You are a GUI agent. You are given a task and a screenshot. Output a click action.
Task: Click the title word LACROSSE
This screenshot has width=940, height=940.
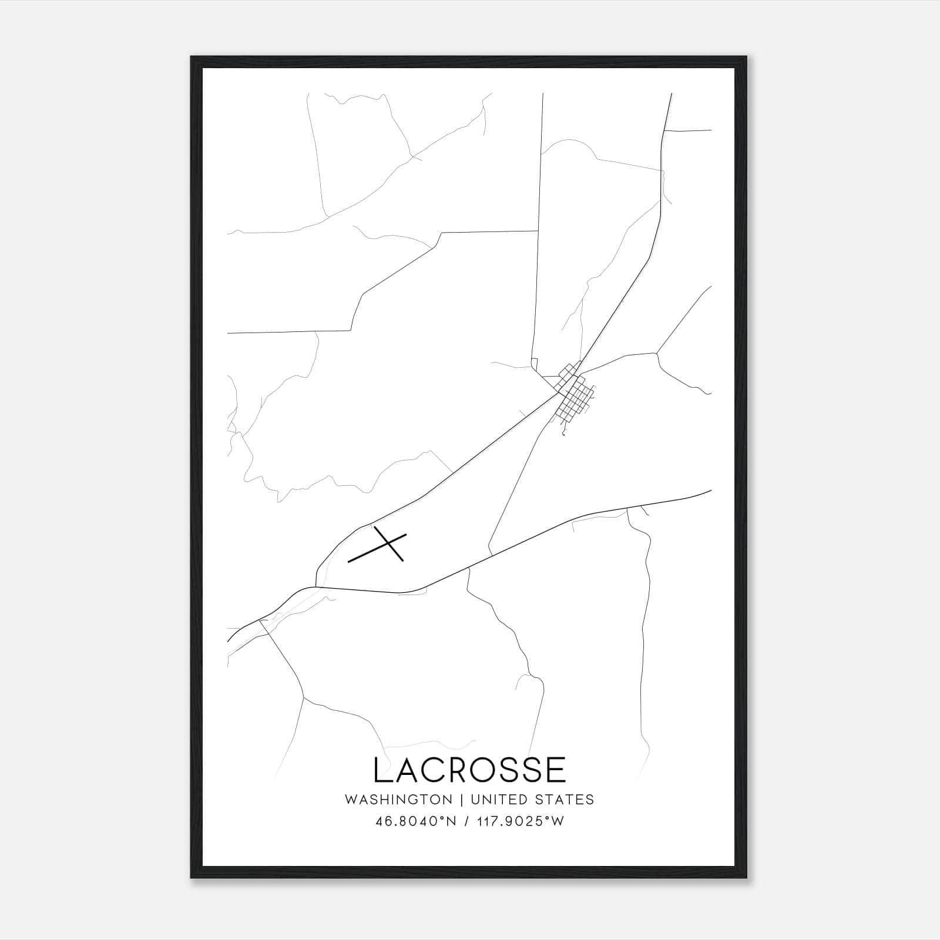[469, 770]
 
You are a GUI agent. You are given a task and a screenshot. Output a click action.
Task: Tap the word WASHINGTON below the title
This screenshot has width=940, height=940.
[398, 800]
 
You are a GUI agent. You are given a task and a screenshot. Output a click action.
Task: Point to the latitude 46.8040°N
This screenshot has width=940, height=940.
[415, 821]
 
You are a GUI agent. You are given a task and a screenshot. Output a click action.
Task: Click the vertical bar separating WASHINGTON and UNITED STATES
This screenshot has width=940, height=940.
[462, 800]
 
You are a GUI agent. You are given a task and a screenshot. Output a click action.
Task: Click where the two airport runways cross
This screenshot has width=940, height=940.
[390, 543]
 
